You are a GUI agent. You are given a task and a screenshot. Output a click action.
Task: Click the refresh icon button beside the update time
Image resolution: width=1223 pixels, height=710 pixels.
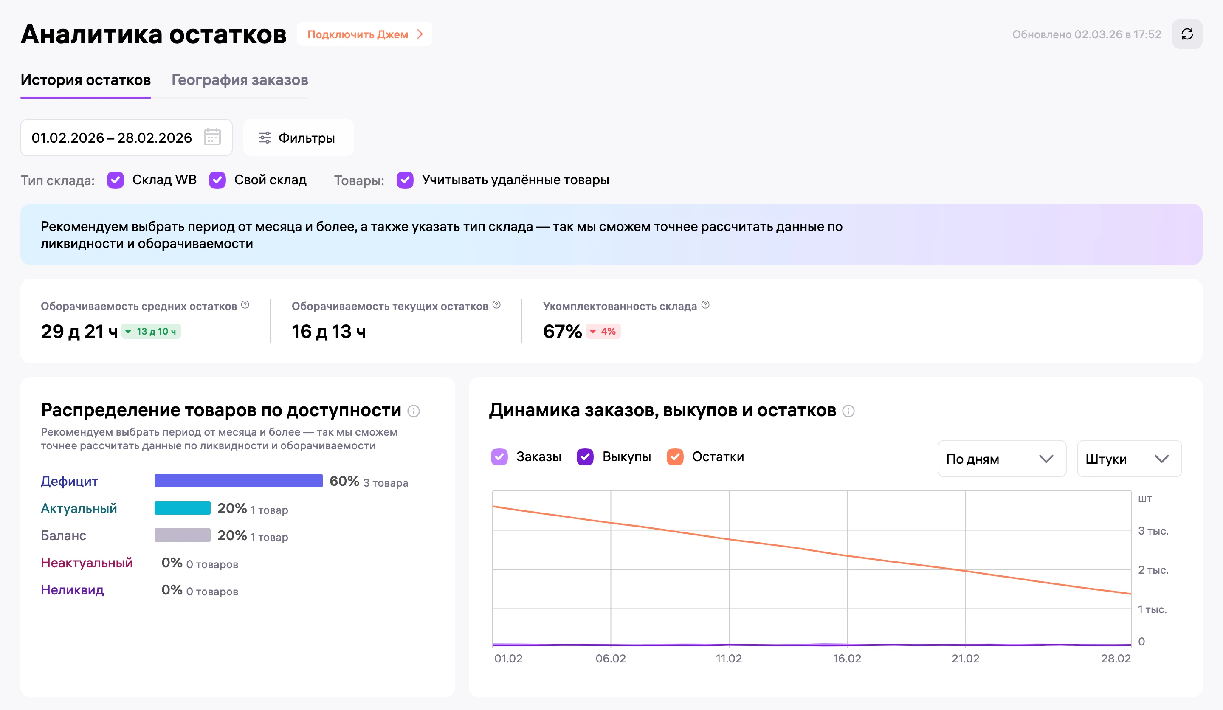click(x=1186, y=34)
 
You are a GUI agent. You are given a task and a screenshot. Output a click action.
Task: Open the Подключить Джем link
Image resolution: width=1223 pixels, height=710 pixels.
click(x=364, y=34)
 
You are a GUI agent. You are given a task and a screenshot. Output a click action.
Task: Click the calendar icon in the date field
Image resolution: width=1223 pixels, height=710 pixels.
click(x=212, y=137)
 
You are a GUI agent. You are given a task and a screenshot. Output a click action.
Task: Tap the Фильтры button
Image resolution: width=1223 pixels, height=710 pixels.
click(x=298, y=138)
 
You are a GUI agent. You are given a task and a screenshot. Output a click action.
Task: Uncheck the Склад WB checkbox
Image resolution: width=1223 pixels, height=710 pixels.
click(x=116, y=180)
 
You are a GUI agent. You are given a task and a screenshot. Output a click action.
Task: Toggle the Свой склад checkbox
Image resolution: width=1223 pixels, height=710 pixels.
click(x=217, y=180)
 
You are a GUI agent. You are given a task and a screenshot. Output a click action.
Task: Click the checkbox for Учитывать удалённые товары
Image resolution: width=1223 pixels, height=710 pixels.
click(x=405, y=180)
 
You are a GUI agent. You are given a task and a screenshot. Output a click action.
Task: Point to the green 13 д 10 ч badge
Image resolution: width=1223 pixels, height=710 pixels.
click(x=151, y=332)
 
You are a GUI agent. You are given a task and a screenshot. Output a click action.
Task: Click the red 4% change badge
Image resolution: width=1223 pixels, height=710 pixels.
click(x=603, y=332)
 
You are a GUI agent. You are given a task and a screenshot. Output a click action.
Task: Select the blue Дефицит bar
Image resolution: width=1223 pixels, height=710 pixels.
click(x=238, y=481)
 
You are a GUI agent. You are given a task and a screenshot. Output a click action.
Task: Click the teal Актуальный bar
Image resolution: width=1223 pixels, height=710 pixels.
click(x=183, y=508)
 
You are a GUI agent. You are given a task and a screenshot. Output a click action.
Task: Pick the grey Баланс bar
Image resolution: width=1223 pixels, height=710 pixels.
click(x=183, y=535)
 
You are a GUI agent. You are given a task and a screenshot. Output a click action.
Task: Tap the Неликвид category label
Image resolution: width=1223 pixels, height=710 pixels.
click(x=72, y=590)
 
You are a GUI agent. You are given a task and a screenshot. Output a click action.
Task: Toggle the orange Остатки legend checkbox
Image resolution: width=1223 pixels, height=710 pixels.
click(x=675, y=456)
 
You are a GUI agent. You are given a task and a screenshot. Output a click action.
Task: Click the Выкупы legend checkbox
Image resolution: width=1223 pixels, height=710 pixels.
click(x=585, y=456)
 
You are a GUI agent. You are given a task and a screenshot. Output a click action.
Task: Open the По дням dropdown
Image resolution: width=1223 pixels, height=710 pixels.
click(x=1002, y=459)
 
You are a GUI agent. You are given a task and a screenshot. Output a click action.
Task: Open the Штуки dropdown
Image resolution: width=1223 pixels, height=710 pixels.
click(x=1129, y=459)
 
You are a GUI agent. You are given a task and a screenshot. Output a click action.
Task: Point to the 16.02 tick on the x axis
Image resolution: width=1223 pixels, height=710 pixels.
click(x=847, y=659)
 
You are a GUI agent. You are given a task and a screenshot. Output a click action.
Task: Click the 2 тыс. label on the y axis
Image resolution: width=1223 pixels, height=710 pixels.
click(x=1153, y=570)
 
